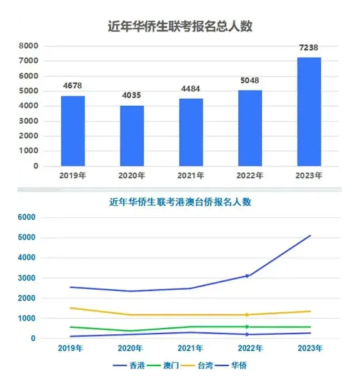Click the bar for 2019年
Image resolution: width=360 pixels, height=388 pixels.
(x=73, y=131)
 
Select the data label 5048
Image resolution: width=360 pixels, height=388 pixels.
(x=249, y=81)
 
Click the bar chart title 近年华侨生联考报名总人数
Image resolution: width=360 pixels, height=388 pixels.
(x=180, y=26)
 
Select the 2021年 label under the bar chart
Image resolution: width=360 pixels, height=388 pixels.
(x=191, y=176)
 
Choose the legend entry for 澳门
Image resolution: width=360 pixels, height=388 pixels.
(x=176, y=365)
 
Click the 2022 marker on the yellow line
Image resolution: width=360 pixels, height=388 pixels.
(x=247, y=315)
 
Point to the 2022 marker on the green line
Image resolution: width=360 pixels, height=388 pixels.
(x=247, y=327)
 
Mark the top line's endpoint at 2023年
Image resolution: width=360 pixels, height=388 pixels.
(x=311, y=235)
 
